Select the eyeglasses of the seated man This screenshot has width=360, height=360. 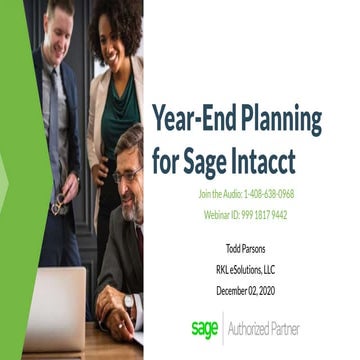[127, 176]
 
